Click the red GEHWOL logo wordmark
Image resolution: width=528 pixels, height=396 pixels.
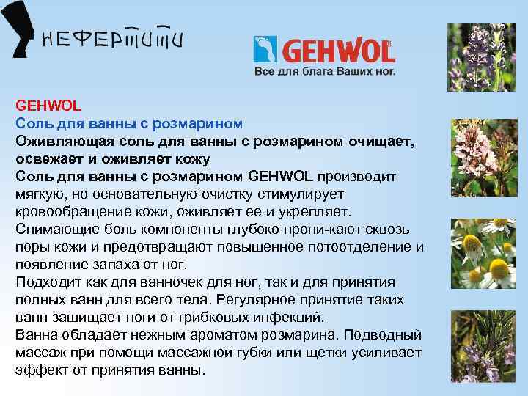pyautogui.click(x=337, y=51)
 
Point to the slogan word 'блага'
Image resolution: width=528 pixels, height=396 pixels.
pyautogui.click(x=310, y=72)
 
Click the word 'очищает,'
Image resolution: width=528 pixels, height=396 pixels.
pyautogui.click(x=378, y=140)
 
